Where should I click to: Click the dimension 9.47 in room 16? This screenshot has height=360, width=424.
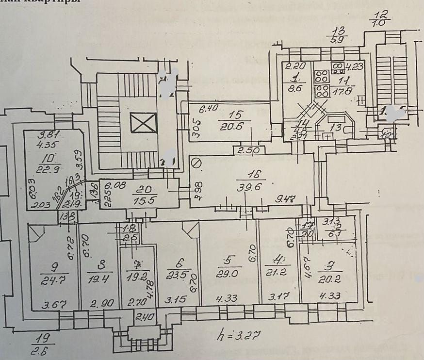pyautogui.click(x=285, y=198)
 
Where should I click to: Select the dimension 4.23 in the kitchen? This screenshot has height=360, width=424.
pyautogui.click(x=353, y=67)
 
